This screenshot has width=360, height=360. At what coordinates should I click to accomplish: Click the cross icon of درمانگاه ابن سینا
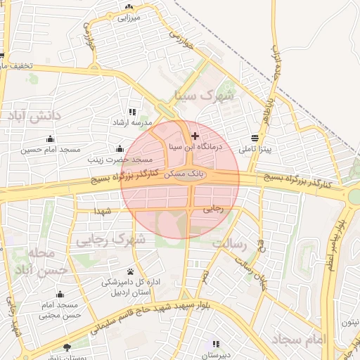point(195,135)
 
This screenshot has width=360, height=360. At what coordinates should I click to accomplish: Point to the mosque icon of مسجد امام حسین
point(50,138)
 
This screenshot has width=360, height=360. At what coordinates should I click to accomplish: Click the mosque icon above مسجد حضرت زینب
point(120,148)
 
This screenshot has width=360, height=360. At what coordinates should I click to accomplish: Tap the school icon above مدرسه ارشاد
point(131,112)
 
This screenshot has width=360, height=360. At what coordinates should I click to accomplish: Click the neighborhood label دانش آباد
point(37,114)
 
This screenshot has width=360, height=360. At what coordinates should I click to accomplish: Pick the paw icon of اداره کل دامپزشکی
point(131,271)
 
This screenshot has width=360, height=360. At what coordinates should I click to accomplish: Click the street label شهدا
point(103,210)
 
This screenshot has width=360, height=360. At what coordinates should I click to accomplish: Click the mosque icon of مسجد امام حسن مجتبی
point(60,295)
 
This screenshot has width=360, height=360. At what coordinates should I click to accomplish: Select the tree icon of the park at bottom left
point(67,347)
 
